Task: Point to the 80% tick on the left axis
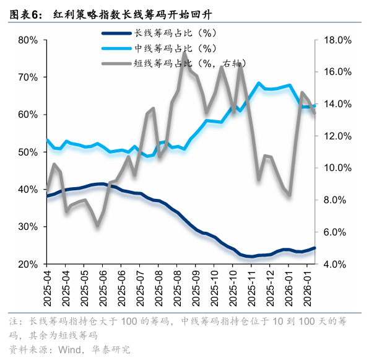point(28,40)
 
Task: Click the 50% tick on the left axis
point(28,152)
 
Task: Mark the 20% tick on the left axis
point(28,265)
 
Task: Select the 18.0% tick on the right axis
point(338,40)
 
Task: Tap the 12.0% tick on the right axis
point(338,136)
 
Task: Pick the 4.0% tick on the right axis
point(337,265)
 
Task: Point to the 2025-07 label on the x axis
point(141,289)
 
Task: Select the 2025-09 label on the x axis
point(197,289)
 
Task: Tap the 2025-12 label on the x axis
point(271,289)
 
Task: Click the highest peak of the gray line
point(184,53)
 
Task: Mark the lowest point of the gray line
point(97,226)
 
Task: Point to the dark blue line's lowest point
point(251,257)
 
